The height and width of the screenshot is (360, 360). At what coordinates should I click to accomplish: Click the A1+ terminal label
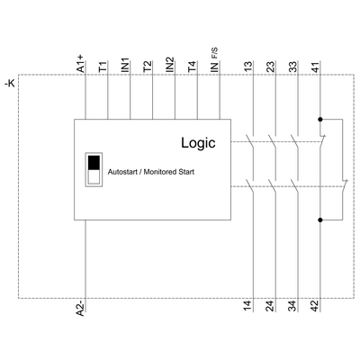81,64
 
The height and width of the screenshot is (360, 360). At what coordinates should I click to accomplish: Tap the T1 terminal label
103,67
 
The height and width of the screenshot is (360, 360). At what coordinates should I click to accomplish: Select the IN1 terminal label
125,65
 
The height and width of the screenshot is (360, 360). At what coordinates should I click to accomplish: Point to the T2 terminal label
148,67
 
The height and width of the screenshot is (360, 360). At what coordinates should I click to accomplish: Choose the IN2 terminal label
170,65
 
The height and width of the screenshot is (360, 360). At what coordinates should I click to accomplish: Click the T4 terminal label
192,67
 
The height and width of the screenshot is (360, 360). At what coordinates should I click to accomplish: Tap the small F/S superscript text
215,53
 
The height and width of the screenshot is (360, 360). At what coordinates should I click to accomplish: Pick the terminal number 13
248,67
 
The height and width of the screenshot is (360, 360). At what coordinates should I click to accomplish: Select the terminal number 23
271,67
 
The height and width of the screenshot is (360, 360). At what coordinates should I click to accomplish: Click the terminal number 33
292,67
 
